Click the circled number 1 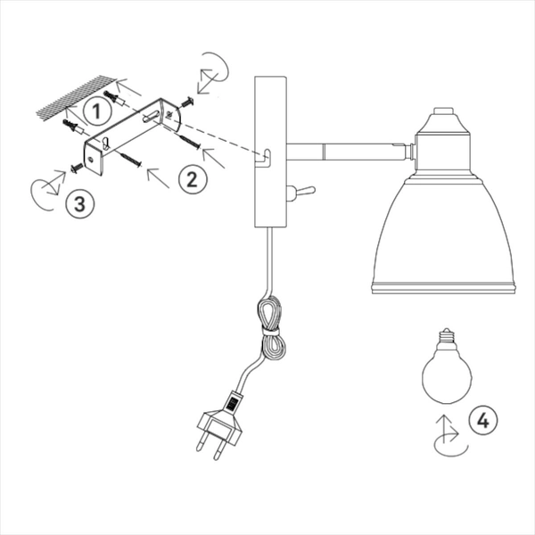click(x=97, y=111)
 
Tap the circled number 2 click(x=192, y=178)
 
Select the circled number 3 click(x=80, y=203)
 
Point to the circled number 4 click(x=483, y=421)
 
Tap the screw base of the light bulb click(x=448, y=335)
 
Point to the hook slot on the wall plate click(x=265, y=158)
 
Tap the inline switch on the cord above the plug click(x=234, y=402)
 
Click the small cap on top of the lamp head click(x=443, y=111)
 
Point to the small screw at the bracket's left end click(x=77, y=168)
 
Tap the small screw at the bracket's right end click(x=186, y=102)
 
